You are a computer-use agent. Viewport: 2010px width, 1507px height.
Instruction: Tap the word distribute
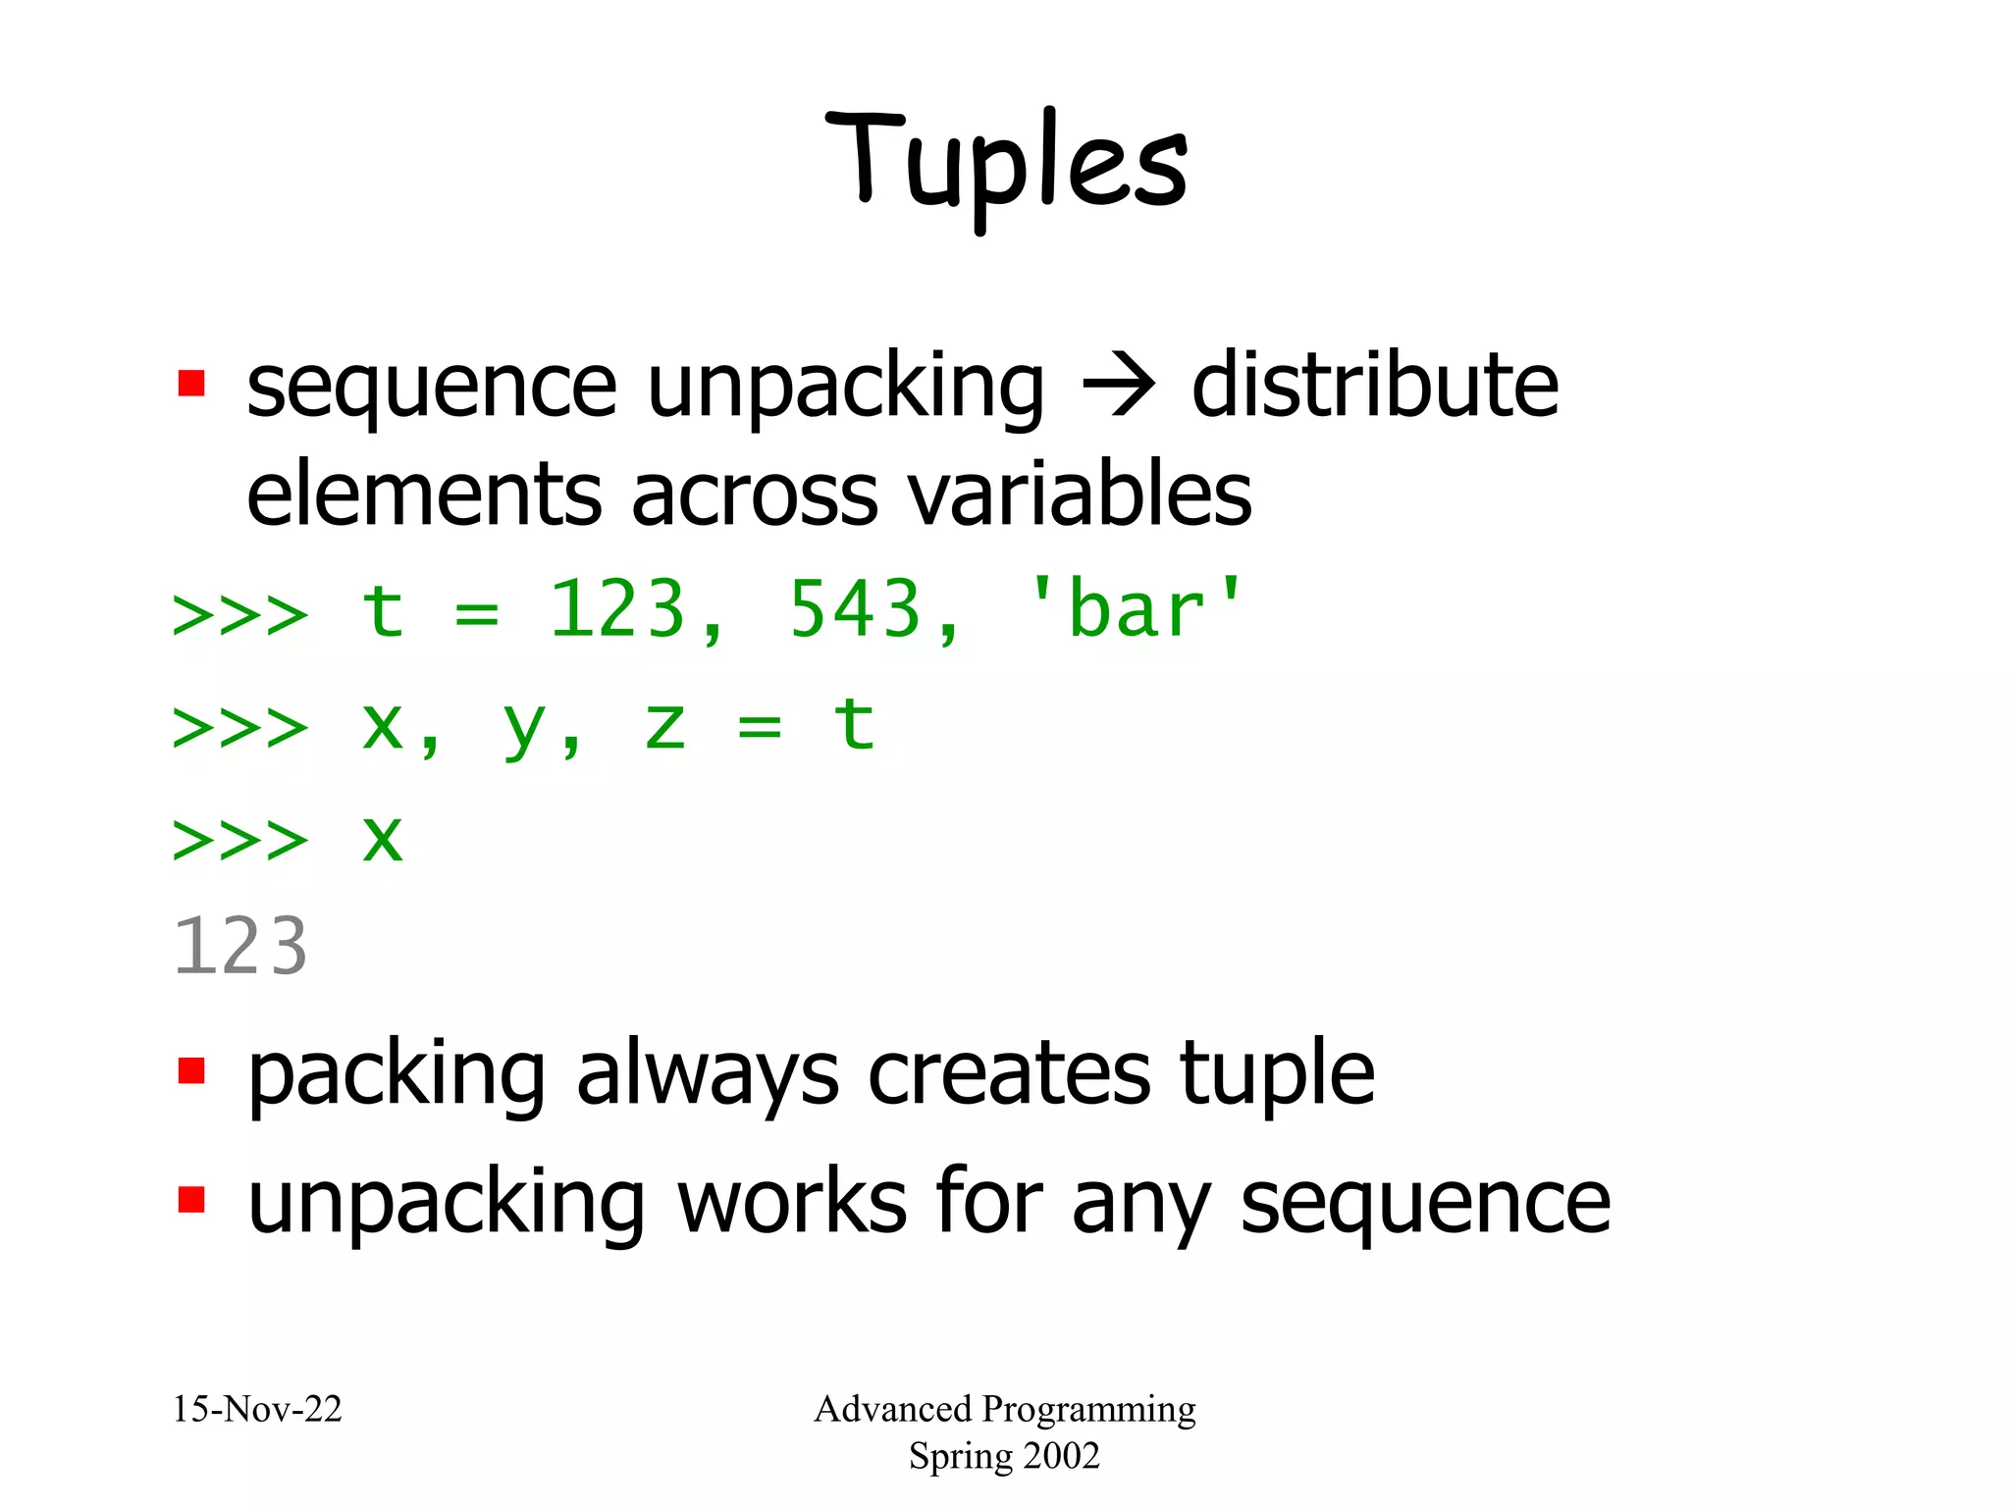point(1374,386)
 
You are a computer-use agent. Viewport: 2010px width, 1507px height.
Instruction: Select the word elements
point(422,494)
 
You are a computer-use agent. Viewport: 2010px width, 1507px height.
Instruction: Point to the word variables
point(1080,494)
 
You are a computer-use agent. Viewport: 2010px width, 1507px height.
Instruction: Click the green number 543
point(855,610)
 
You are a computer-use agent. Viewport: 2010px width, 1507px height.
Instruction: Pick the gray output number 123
point(240,947)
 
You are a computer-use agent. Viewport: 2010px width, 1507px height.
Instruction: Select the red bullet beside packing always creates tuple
point(191,1070)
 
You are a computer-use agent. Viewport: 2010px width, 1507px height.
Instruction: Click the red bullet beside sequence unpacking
point(191,383)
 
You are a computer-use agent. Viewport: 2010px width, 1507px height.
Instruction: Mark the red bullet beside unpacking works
point(191,1199)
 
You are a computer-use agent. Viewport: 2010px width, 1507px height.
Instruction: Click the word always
point(707,1075)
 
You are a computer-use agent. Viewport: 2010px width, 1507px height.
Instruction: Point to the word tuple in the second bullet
point(1276,1075)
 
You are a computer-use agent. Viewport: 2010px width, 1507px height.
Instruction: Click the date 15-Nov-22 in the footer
point(257,1409)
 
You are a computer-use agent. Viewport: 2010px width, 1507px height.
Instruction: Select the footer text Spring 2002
point(1004,1455)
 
